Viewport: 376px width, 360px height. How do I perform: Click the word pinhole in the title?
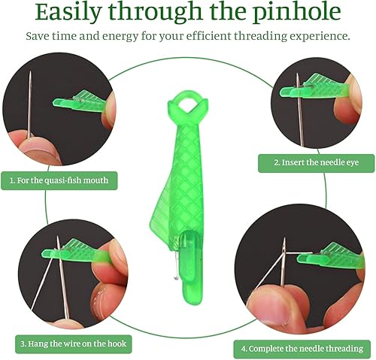(296, 12)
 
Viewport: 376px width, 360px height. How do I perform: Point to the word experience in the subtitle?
(320, 36)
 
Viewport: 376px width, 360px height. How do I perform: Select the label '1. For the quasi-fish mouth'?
(59, 180)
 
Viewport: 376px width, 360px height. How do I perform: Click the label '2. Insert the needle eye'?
(316, 163)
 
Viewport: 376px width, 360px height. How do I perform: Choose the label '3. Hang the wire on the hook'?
(74, 343)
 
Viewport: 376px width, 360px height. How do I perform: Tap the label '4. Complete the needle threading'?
(302, 349)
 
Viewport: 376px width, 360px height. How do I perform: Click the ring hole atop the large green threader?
(187, 104)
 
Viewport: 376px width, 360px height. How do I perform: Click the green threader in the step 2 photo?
(314, 89)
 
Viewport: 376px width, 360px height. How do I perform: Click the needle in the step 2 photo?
(300, 110)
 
